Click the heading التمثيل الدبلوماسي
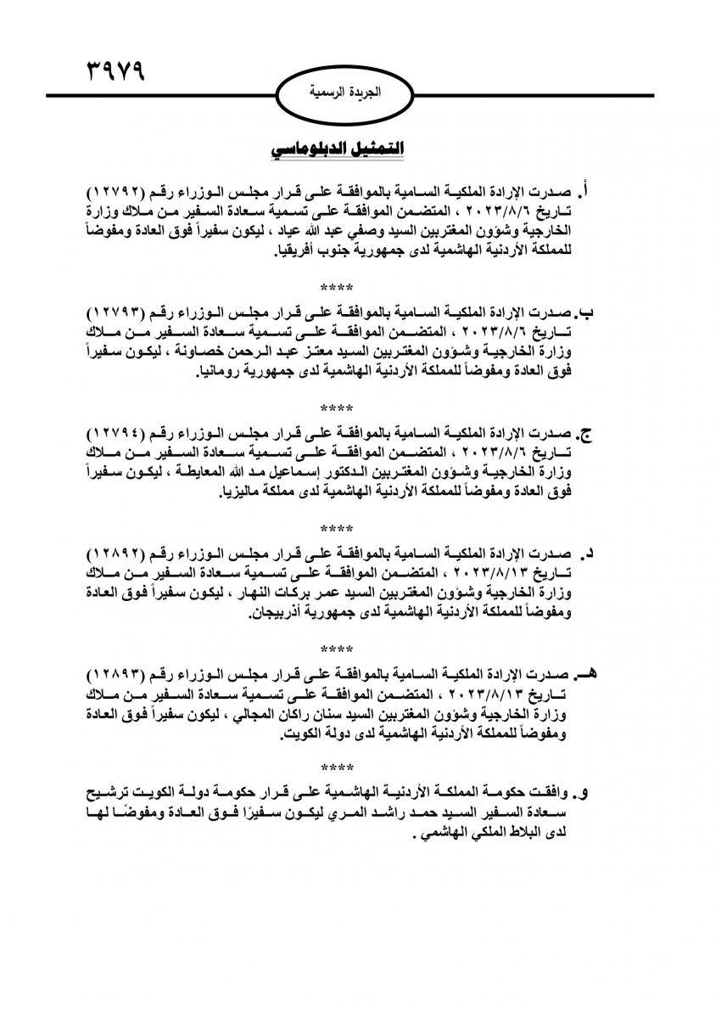coord(337,149)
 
